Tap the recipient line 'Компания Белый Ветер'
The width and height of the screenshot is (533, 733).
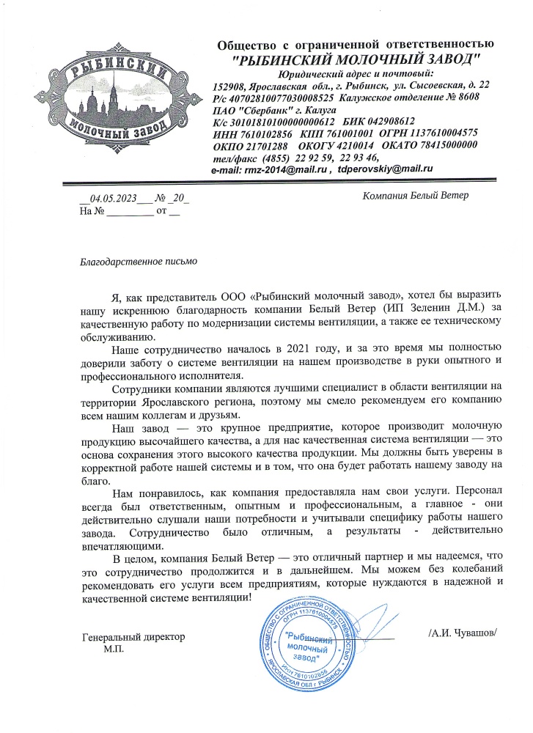[x=416, y=195]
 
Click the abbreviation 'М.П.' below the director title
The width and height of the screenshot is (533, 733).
[x=114, y=649]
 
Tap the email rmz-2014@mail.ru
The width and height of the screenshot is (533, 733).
[x=281, y=169]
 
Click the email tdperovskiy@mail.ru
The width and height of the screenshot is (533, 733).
[x=386, y=169]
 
